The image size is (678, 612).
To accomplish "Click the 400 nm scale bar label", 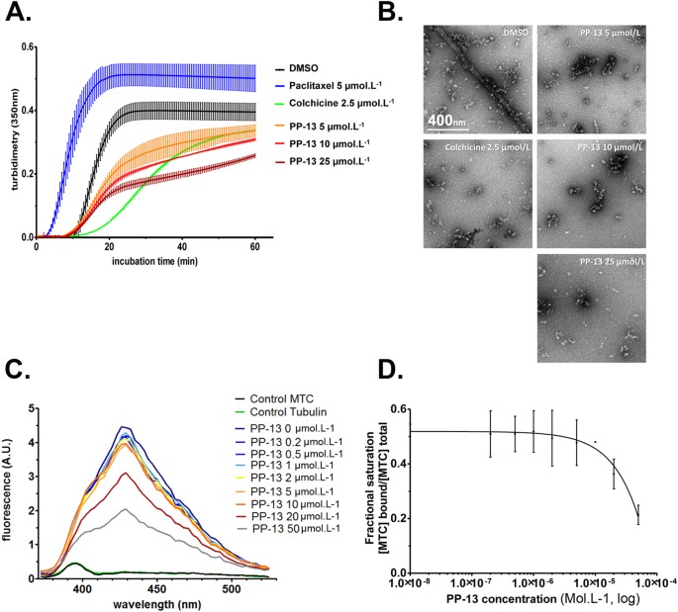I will point(447,119).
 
